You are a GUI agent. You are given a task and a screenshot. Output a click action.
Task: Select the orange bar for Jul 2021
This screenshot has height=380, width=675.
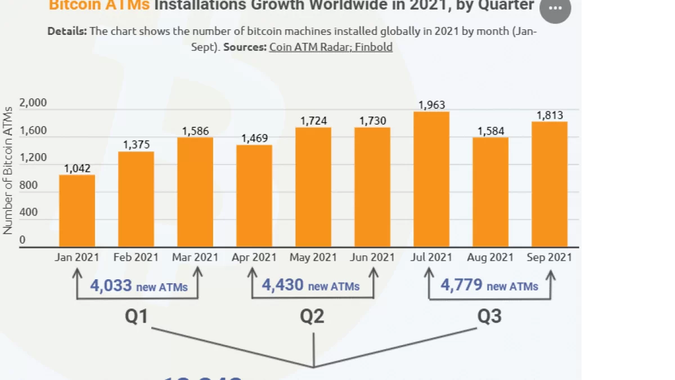click(x=431, y=179)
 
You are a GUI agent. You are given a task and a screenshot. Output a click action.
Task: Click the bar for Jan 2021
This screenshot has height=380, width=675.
click(x=77, y=211)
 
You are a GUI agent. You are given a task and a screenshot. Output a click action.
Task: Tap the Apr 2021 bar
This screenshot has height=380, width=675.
click(x=254, y=196)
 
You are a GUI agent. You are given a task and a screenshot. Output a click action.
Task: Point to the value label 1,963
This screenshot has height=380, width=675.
click(x=431, y=105)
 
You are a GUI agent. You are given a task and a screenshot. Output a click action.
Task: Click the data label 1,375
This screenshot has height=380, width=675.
click(x=136, y=145)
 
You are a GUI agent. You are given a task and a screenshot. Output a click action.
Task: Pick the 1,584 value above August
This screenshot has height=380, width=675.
click(x=490, y=131)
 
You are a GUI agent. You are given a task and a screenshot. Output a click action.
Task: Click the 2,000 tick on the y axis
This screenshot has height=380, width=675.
click(x=33, y=103)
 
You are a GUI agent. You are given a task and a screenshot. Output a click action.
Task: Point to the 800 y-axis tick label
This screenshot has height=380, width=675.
click(x=29, y=185)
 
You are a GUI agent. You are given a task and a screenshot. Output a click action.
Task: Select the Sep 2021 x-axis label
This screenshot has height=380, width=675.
click(x=549, y=257)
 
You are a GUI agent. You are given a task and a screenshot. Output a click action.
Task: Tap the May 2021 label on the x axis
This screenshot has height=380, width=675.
click(x=313, y=257)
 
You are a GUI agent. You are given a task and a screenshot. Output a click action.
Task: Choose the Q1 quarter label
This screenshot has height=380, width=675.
click(x=136, y=316)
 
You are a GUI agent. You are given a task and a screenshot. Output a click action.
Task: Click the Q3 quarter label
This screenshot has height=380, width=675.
click(x=489, y=316)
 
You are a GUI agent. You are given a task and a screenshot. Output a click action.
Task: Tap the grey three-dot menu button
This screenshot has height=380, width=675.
click(x=555, y=8)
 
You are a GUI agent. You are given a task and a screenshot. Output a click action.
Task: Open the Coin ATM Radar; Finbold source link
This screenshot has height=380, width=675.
click(x=331, y=47)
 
